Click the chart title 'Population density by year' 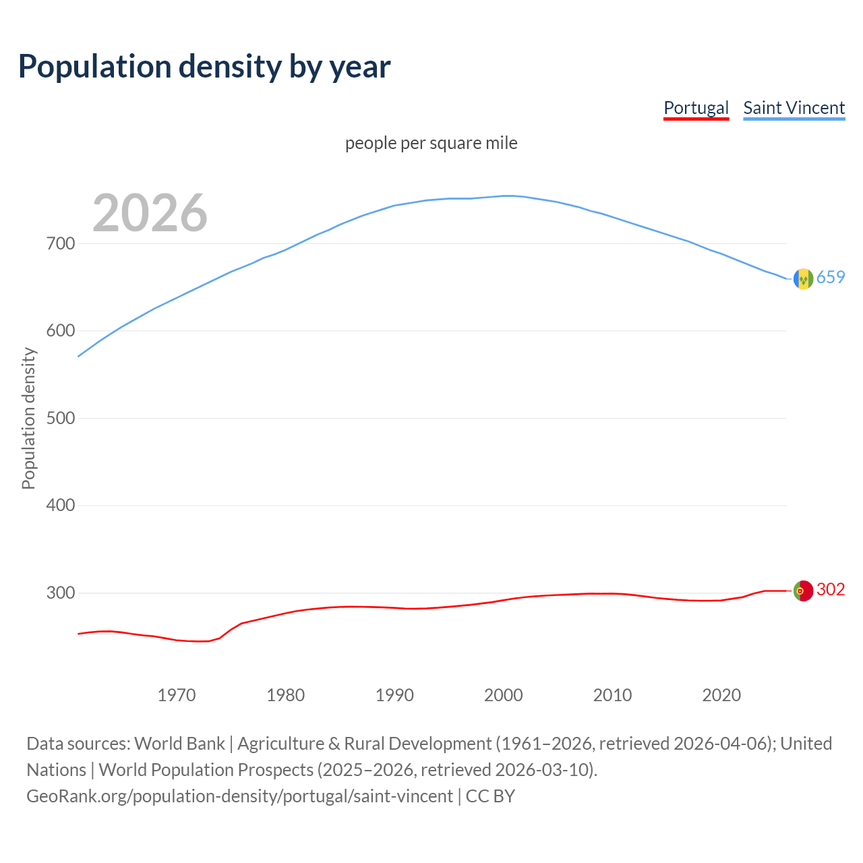(x=204, y=67)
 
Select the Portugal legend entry (x=696, y=108)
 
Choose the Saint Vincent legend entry (x=794, y=108)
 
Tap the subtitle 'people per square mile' (x=431, y=144)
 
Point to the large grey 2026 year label (x=150, y=213)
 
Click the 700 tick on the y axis (x=60, y=243)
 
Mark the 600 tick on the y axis (x=60, y=331)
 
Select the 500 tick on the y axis (x=60, y=418)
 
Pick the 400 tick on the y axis (x=60, y=506)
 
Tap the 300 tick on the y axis (x=60, y=593)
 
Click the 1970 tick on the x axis (x=177, y=695)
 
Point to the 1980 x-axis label (x=286, y=695)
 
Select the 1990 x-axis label (x=394, y=695)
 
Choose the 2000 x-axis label (x=504, y=695)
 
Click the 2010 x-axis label (x=612, y=695)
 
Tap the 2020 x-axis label (x=721, y=695)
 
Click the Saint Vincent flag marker (x=803, y=278)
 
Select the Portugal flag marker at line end (x=803, y=591)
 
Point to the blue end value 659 (x=831, y=278)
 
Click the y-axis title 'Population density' (x=28, y=418)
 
